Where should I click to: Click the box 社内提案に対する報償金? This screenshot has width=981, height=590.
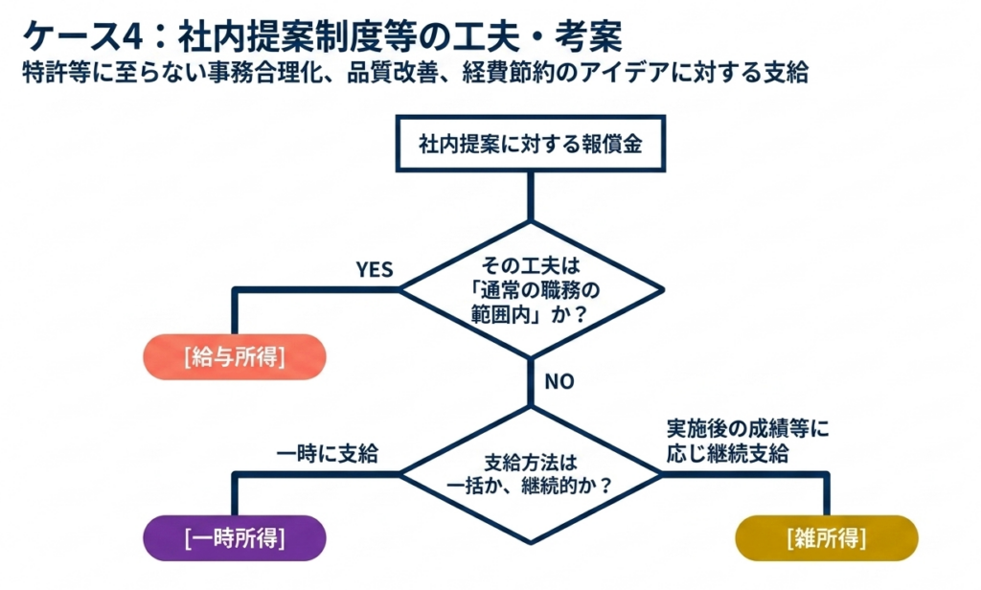pyautogui.click(x=531, y=144)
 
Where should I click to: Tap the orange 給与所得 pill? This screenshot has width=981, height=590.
pyautogui.click(x=235, y=357)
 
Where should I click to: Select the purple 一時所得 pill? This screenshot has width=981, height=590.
pyautogui.click(x=235, y=538)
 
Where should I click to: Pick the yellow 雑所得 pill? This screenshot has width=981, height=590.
pyautogui.click(x=827, y=538)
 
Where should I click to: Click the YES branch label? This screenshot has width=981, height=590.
pyautogui.click(x=375, y=270)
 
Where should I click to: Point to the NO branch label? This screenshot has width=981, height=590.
pyautogui.click(x=559, y=381)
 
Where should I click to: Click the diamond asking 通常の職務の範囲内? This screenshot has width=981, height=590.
pyautogui.click(x=531, y=289)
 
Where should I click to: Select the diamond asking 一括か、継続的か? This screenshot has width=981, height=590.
pyautogui.click(x=531, y=474)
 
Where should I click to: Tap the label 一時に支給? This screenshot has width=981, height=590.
pyautogui.click(x=328, y=454)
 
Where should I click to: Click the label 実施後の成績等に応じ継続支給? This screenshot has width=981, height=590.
pyautogui.click(x=747, y=441)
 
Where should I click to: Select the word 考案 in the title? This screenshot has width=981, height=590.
pyautogui.click(x=589, y=36)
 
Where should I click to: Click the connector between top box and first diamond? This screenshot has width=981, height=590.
pyautogui.click(x=531, y=195)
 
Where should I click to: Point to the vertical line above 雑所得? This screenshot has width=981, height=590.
pyautogui.click(x=827, y=494)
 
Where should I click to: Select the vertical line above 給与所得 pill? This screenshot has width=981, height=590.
pyautogui.click(x=235, y=311)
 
